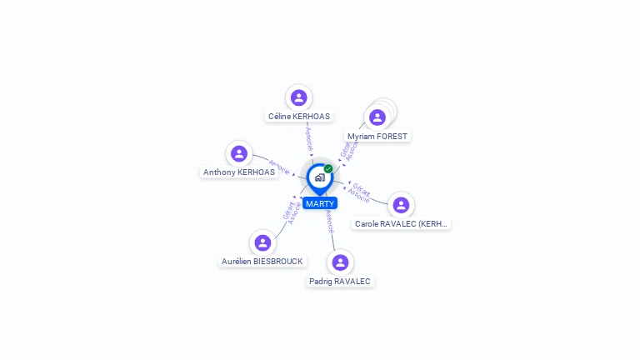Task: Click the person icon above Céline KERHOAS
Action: coord(298,98)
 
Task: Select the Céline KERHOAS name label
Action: coord(298,117)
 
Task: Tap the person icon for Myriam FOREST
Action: coord(377,117)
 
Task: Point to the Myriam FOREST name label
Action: coord(378,136)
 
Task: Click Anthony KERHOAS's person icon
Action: coord(239,153)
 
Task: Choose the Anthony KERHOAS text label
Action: coord(239,172)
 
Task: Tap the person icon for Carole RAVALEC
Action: coord(401,205)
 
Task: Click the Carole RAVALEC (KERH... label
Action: coord(402,223)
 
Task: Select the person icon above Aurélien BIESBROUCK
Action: coord(262,242)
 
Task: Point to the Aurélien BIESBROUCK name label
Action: coord(262,261)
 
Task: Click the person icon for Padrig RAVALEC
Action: coord(340,262)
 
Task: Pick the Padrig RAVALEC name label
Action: coord(340,282)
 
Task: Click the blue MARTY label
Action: coord(320,203)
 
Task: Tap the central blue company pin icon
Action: coord(319,177)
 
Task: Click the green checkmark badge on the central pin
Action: coord(328,169)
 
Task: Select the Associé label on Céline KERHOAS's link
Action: coord(308,138)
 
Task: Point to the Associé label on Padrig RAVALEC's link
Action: coord(330,221)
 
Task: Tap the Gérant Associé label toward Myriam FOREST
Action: coord(348,151)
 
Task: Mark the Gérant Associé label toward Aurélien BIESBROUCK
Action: coord(292,212)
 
